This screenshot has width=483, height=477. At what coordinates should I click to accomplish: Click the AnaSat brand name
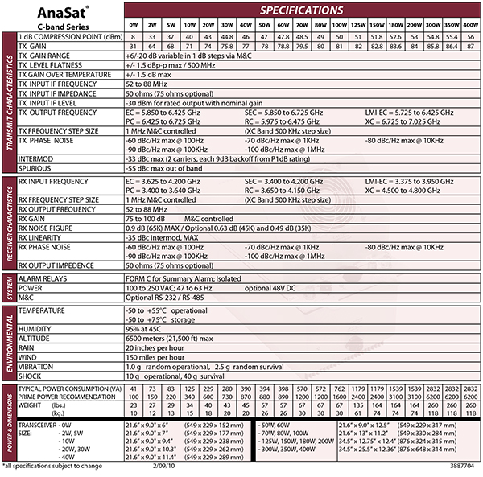tap(51, 14)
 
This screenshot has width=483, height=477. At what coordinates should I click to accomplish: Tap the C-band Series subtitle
tap(52, 27)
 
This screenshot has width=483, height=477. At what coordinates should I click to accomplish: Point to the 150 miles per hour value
tap(154, 356)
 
